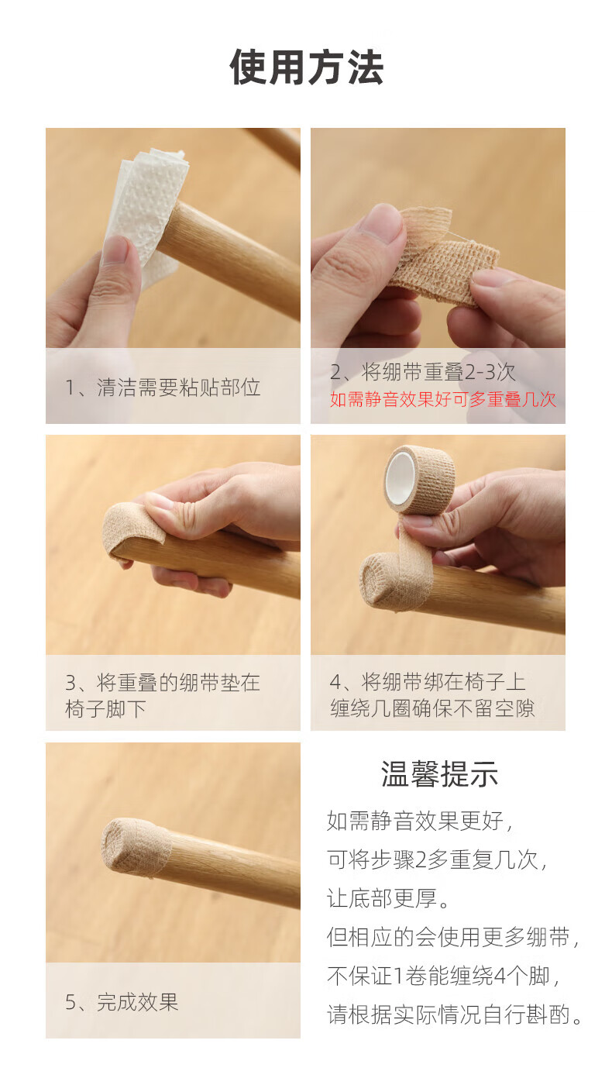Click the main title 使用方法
point(307,67)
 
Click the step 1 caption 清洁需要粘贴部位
point(179,387)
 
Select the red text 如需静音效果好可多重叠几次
point(443,400)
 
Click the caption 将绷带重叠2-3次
point(438,373)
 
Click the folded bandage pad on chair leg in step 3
point(133,530)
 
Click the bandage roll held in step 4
point(419,479)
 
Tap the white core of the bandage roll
point(401,477)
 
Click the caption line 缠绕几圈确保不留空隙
point(432,708)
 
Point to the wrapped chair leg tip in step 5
point(136,848)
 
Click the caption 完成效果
point(138,1002)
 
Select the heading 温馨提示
point(439,774)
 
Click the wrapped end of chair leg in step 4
point(387,581)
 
